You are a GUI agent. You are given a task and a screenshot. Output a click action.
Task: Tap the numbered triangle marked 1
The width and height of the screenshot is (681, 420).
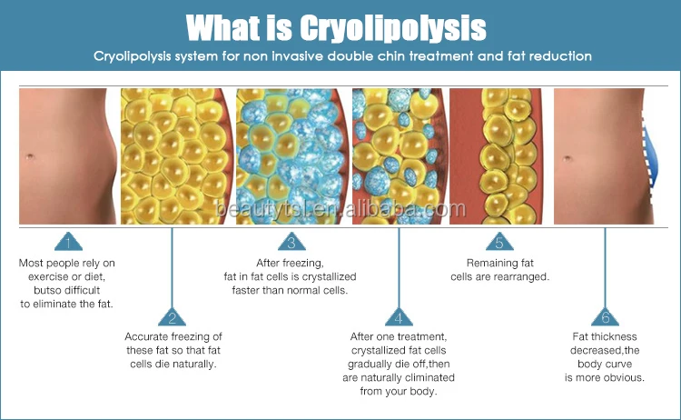66,243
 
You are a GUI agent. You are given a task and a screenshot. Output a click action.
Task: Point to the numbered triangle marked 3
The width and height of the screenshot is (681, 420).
291,243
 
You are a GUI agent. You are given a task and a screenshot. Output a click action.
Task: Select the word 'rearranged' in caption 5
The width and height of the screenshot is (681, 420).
518,276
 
